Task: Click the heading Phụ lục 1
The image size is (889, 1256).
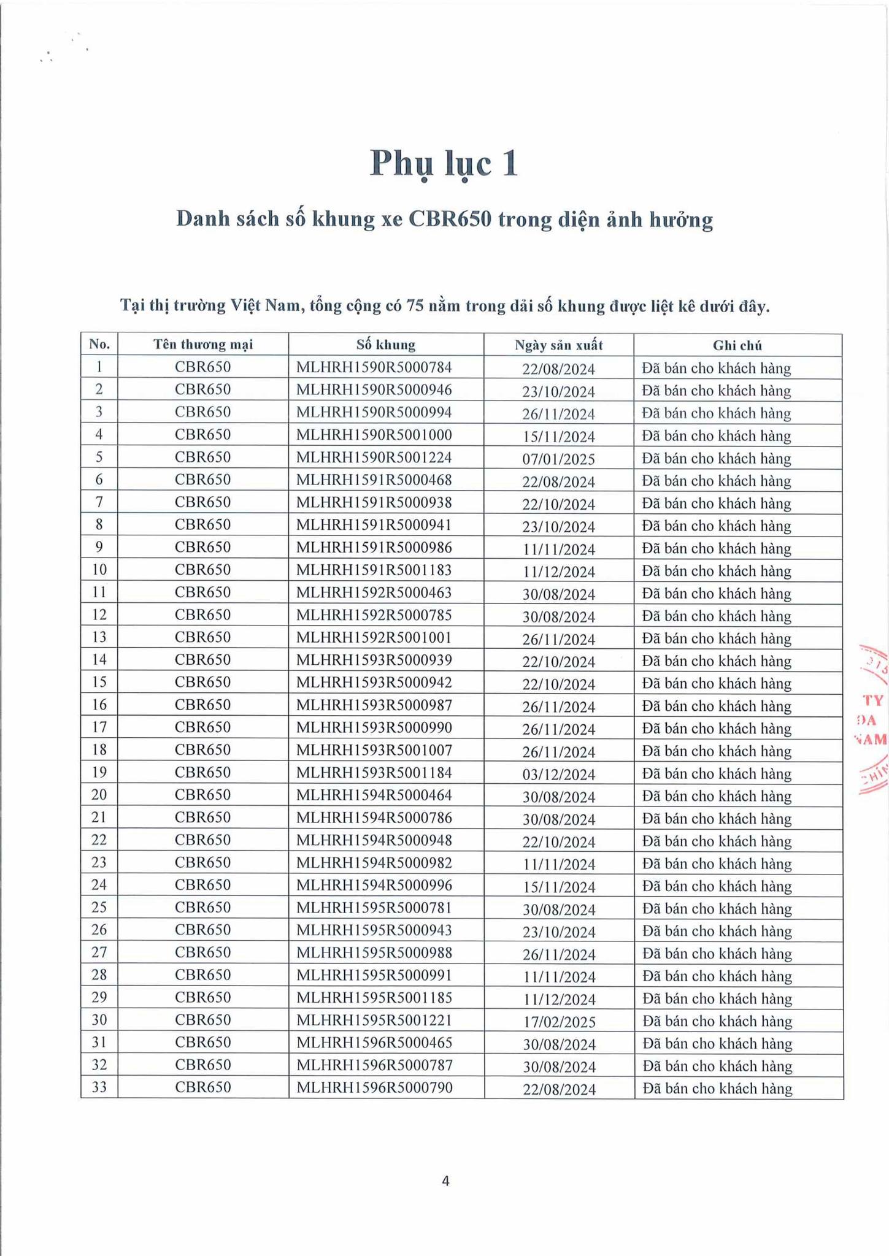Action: (444, 164)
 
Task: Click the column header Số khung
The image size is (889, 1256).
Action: (385, 345)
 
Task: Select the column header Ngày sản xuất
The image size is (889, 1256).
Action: (558, 345)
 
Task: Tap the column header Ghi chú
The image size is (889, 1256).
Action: (737, 345)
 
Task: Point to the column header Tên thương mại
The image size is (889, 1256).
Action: (203, 345)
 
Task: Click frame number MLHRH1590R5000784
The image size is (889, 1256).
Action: (374, 368)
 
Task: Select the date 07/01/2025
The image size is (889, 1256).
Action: (558, 459)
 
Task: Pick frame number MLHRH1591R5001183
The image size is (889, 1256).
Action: (374, 570)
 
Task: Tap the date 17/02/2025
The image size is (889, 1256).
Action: (558, 1022)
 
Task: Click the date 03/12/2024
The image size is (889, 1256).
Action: (558, 775)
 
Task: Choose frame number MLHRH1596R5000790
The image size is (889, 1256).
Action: (374, 1088)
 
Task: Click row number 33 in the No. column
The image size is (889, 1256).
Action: (99, 1088)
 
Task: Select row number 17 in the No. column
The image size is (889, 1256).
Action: (99, 728)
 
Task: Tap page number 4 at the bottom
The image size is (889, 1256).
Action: (445, 1181)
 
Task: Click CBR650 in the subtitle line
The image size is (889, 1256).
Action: (450, 220)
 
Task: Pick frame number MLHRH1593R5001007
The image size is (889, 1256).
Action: (374, 750)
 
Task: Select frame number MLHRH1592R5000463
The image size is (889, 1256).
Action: (374, 592)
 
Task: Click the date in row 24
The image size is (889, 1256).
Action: (558, 887)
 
